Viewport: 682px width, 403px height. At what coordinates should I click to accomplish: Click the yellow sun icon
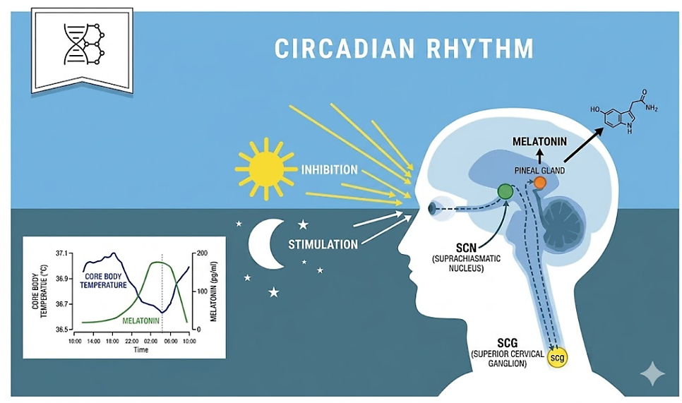click(x=265, y=169)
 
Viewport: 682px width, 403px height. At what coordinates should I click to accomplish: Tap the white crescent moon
click(x=261, y=244)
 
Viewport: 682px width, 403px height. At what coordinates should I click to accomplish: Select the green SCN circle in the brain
click(x=505, y=191)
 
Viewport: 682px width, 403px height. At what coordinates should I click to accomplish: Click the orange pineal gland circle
click(x=540, y=183)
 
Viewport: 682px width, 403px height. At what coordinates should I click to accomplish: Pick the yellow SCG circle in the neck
click(x=557, y=358)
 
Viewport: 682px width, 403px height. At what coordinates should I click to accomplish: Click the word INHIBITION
click(x=329, y=169)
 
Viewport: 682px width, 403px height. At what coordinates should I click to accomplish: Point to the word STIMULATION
click(x=323, y=244)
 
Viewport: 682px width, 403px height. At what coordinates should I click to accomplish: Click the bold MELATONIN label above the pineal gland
click(x=539, y=142)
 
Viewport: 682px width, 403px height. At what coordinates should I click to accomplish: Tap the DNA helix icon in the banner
click(x=85, y=44)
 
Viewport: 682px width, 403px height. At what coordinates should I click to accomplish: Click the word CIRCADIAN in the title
click(x=344, y=48)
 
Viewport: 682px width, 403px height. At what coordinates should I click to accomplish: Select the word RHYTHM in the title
click(x=480, y=48)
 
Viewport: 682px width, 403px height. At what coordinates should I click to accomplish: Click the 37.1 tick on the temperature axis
click(x=61, y=253)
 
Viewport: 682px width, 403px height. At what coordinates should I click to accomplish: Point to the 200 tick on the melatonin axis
click(x=202, y=253)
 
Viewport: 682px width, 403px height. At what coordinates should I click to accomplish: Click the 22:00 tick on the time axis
click(x=132, y=342)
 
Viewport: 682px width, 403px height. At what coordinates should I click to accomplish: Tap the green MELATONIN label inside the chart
click(x=141, y=321)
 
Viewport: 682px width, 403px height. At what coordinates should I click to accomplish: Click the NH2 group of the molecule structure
click(x=651, y=108)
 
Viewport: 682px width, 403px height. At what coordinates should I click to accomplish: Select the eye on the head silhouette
click(x=432, y=209)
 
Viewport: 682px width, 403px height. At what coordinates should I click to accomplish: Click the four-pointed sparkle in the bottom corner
click(x=652, y=373)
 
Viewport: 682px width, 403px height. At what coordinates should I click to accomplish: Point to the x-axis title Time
click(x=141, y=349)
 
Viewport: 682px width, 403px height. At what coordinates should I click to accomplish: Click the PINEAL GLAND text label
click(x=539, y=171)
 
